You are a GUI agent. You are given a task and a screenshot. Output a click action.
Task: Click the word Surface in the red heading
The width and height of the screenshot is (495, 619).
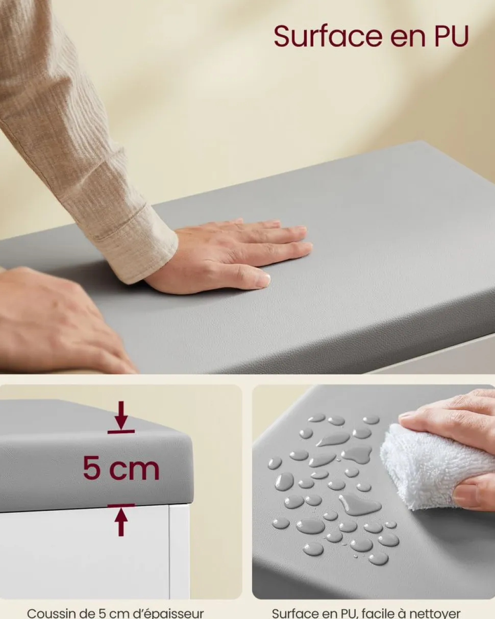tap(328, 36)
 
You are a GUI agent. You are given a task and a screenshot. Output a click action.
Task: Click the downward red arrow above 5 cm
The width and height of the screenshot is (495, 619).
tap(121, 417)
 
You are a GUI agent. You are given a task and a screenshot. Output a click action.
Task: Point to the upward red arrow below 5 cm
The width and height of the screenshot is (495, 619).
tap(121, 520)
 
